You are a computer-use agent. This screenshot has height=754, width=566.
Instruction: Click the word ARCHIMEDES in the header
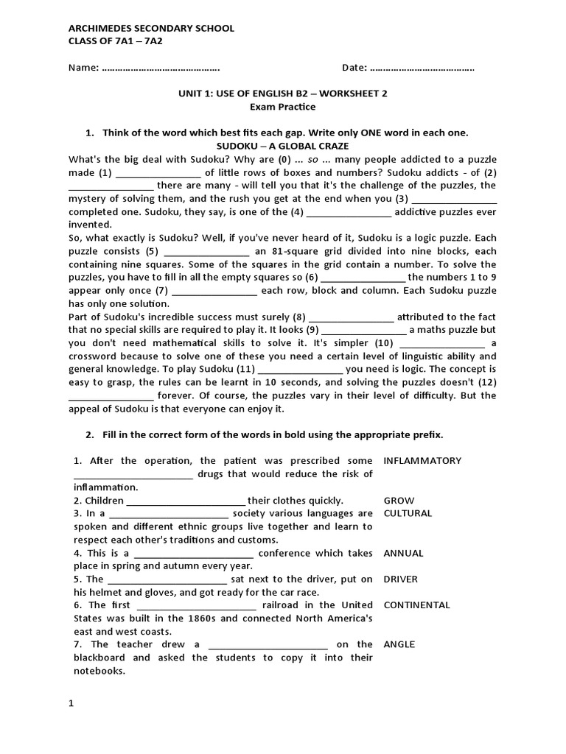98,28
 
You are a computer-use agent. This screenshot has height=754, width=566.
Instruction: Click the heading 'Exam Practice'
282,107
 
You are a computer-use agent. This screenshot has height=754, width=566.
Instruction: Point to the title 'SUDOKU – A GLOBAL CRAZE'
282,146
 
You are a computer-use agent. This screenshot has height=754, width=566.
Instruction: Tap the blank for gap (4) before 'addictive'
349,212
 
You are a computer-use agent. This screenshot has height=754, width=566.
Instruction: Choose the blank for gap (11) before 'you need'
300,370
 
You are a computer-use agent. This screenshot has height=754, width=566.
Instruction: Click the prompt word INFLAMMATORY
422,461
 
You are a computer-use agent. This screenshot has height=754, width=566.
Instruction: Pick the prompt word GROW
399,501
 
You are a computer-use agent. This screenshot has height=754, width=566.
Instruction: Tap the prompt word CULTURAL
408,514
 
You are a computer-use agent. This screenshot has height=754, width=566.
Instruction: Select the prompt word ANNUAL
403,553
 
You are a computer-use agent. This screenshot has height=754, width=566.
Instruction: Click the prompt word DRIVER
400,579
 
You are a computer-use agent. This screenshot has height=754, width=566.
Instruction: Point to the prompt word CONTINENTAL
416,605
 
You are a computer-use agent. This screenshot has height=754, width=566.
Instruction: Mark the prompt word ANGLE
399,644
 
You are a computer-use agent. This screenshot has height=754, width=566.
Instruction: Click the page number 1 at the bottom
71,703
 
